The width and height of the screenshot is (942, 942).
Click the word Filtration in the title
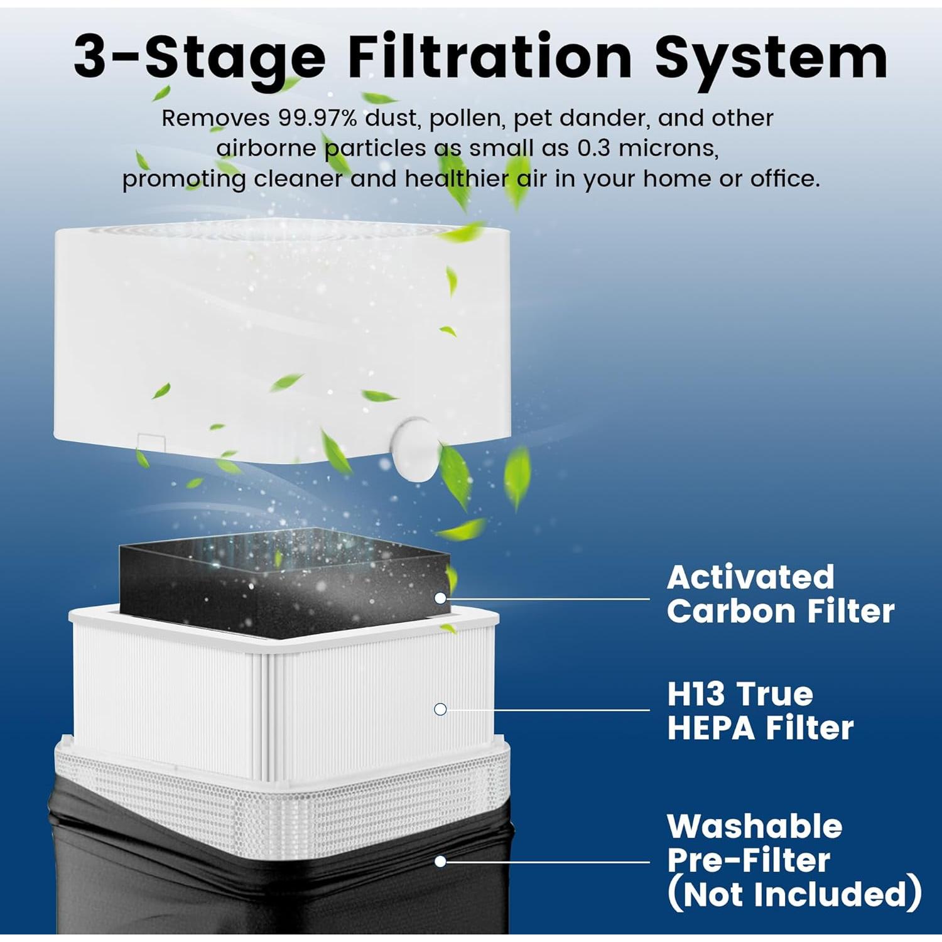pyautogui.click(x=489, y=57)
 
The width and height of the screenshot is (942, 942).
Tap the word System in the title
pyautogui.click(x=771, y=57)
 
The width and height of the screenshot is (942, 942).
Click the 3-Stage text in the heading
pyautogui.click(x=199, y=57)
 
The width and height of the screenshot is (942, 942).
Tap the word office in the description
pyautogui.click(x=784, y=179)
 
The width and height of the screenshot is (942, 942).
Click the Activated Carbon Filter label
pyautogui.click(x=780, y=594)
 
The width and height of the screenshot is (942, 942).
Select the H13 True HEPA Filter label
pyautogui.click(x=760, y=711)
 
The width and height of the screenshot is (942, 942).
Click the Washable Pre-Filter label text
pyautogui.click(x=754, y=843)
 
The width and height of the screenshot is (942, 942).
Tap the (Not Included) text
pyautogui.click(x=794, y=894)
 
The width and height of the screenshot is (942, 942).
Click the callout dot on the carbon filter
pyautogui.click(x=441, y=598)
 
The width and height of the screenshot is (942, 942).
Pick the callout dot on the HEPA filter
pyautogui.click(x=440, y=709)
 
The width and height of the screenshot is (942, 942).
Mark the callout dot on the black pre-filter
pyautogui.click(x=441, y=861)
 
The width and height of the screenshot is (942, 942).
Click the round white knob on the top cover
pyautogui.click(x=411, y=448)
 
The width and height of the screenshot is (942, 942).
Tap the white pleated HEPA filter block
pyautogui.click(x=283, y=697)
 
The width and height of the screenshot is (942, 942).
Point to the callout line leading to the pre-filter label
pyautogui.click(x=546, y=862)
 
